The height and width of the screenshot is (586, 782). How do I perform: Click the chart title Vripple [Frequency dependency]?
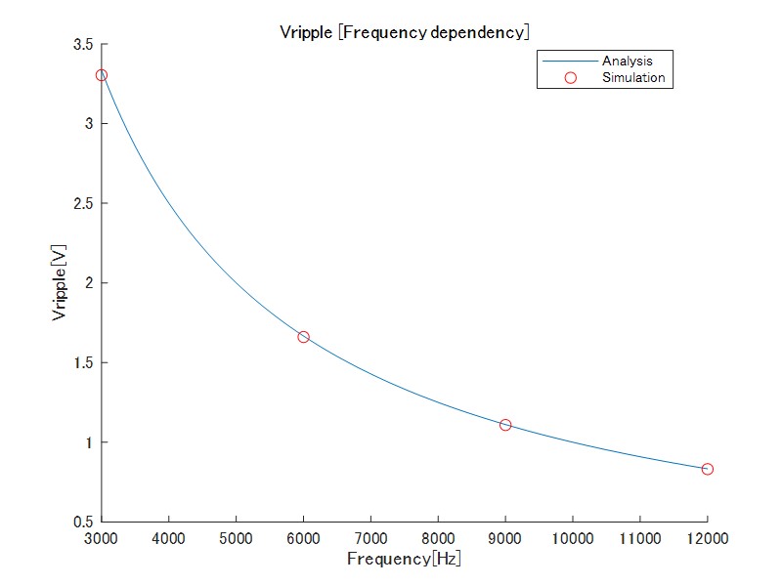click(x=405, y=32)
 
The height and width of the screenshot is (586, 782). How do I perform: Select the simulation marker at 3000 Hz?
click(x=101, y=75)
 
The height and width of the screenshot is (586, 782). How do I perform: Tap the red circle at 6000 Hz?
click(x=303, y=337)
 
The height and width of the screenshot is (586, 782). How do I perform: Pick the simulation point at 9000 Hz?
click(x=505, y=425)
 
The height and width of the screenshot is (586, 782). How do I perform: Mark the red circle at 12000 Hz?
click(x=708, y=469)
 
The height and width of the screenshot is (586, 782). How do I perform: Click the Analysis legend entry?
click(x=627, y=62)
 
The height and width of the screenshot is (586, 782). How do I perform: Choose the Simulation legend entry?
click(x=633, y=77)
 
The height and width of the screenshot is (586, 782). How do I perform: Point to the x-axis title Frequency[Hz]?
click(x=404, y=560)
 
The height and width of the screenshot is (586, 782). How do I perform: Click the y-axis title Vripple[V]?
click(x=61, y=283)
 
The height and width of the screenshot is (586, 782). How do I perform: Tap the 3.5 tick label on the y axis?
click(x=82, y=45)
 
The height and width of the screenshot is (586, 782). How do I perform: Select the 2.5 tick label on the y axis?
click(x=82, y=204)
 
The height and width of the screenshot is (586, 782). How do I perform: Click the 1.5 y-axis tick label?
click(x=82, y=363)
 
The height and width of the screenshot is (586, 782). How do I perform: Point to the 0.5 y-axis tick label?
click(x=82, y=523)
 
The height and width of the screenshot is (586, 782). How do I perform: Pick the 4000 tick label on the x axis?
click(x=168, y=538)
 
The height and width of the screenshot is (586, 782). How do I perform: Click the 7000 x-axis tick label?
click(x=370, y=538)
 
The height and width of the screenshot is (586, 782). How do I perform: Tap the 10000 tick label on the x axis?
click(x=573, y=538)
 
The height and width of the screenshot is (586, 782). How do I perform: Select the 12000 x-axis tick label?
click(x=708, y=538)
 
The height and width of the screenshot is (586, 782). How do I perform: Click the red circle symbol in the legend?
click(x=571, y=77)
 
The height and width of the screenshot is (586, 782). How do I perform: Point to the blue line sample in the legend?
click(x=571, y=62)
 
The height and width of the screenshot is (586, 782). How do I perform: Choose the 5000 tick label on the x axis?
click(x=236, y=538)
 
